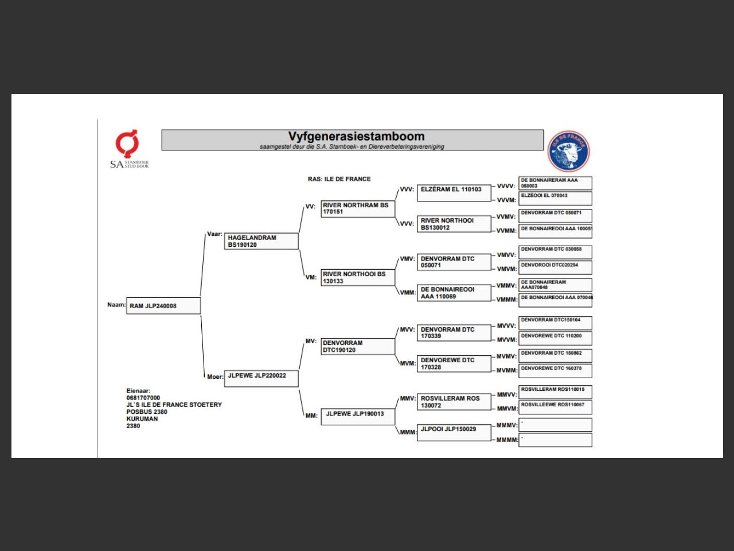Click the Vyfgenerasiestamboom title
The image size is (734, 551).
coord(356,137)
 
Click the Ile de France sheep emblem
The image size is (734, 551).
coord(568,152)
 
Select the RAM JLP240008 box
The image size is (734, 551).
coord(164,306)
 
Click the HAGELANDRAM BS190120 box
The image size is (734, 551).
coord(261,241)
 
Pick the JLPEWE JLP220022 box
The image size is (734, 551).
coord(261,378)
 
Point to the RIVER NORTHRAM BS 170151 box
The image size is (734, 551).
coord(358,209)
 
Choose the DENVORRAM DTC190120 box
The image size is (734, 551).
coord(358,347)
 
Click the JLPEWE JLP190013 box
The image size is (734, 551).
coord(358,416)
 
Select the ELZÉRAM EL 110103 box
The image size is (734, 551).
coord(454,193)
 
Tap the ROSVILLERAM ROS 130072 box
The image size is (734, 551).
coord(454,402)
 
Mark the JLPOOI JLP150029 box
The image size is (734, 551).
coord(454,432)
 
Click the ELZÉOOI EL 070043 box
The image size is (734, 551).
coord(555,199)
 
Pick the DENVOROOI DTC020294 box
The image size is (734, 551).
coord(555,267)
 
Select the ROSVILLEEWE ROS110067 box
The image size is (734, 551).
coord(555,407)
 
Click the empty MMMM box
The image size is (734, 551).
coord(555,440)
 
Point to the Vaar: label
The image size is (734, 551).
coord(214,234)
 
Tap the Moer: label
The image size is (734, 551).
coord(215,377)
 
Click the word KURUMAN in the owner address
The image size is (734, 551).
coord(142,419)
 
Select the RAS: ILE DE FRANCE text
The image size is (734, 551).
coord(339,179)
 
